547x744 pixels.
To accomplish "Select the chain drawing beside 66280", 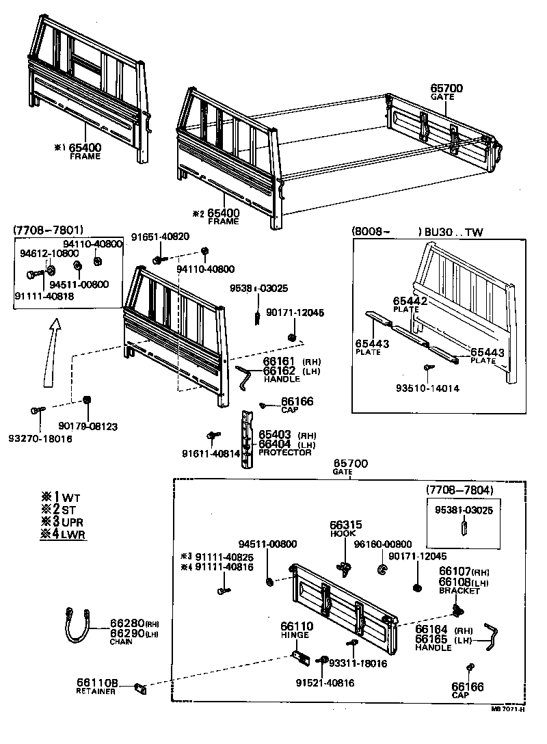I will [x=79, y=624].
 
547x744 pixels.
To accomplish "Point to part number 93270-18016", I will [x=40, y=438].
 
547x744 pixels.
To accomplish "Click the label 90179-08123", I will [x=88, y=426].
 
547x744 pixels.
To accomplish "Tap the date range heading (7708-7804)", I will [x=459, y=490].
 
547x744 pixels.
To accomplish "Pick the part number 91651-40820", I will [x=161, y=237].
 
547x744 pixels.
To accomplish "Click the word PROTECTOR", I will [x=285, y=452].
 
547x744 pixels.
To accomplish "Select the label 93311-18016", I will [x=358, y=663].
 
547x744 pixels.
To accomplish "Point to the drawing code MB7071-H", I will [x=507, y=708].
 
